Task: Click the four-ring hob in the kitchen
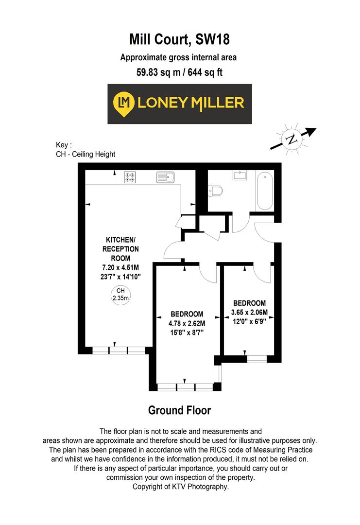[130, 177]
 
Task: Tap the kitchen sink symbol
[165, 177]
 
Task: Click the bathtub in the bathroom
[265, 190]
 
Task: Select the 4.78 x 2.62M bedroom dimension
[187, 323]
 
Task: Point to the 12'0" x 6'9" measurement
[249, 320]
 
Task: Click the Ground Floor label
[179, 410]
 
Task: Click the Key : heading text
[64, 145]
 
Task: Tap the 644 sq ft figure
[204, 73]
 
